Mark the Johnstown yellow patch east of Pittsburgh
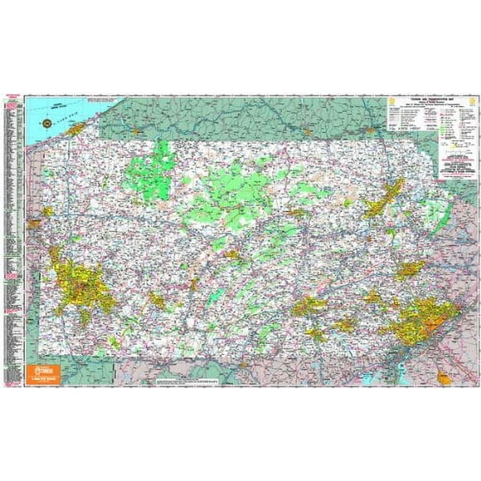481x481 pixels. (x=157, y=299)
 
